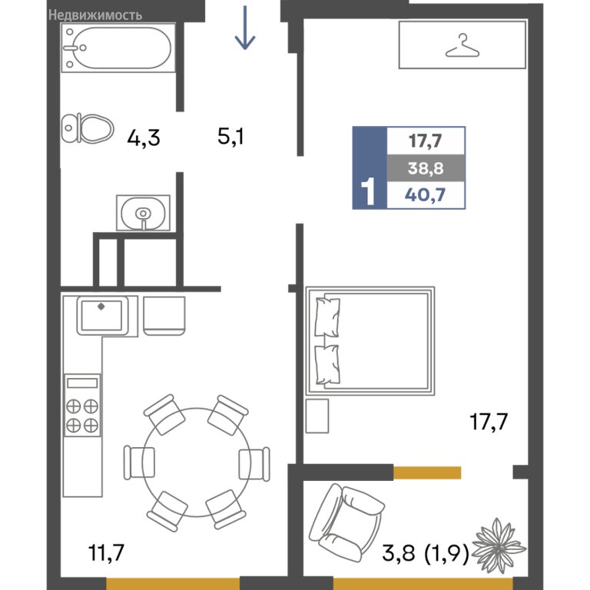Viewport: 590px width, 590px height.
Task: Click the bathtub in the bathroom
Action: [x=118, y=48]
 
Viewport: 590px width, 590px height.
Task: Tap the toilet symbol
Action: [x=88, y=128]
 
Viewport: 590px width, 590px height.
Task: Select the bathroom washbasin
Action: [x=143, y=213]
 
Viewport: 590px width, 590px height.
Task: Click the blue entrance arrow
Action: [x=245, y=28]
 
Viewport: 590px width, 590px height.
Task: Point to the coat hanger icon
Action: [x=462, y=45]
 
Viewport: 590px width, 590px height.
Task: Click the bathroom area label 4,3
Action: [x=144, y=138]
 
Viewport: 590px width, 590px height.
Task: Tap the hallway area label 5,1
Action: [x=230, y=136]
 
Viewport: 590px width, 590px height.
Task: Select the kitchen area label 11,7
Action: [x=106, y=552]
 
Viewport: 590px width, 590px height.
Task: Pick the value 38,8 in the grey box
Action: [x=426, y=168]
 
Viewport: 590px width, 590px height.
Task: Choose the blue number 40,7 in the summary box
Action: [x=425, y=195]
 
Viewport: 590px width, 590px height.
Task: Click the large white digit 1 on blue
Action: [x=368, y=191]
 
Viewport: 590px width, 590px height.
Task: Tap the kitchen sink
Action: [x=102, y=315]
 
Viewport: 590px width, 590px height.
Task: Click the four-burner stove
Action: [x=82, y=406]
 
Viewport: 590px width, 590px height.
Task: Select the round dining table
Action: [x=197, y=462]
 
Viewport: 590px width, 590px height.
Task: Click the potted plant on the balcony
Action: [x=498, y=543]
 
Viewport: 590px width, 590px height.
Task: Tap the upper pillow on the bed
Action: [x=327, y=317]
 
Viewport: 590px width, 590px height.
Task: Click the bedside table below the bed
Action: [x=317, y=416]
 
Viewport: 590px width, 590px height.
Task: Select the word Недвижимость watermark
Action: [x=95, y=15]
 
